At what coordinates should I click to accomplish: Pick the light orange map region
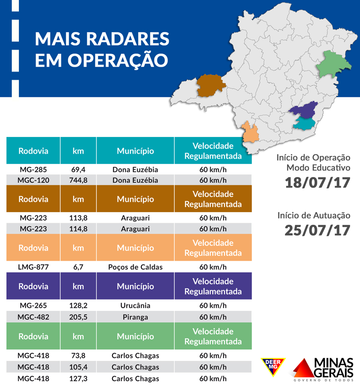[x=250, y=132]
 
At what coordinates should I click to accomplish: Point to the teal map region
[x=304, y=123]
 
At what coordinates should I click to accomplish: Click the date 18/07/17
[x=317, y=184]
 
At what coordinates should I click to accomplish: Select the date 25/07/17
[x=317, y=230]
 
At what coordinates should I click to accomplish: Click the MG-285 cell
[x=33, y=170]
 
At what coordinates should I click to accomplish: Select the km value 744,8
[x=78, y=180]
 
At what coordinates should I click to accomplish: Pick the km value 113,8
[x=78, y=218]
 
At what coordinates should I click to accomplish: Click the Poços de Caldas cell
[x=135, y=267]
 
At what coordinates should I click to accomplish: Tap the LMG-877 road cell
[x=33, y=267]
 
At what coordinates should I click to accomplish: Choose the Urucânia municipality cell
[x=135, y=305]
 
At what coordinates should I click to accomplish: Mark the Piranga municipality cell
[x=135, y=317]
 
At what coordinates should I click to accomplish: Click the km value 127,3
[x=78, y=378]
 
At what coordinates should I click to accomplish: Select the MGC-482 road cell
[x=33, y=317]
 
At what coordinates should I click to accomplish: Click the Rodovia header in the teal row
[x=33, y=151]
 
